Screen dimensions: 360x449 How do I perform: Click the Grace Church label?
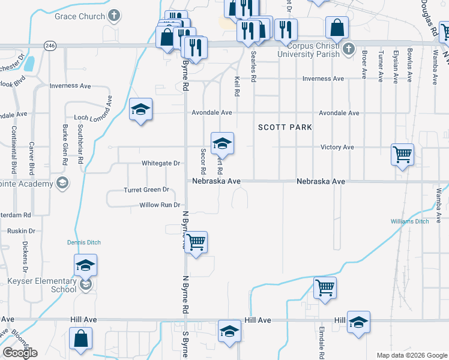79,16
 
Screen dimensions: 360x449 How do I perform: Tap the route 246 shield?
50,45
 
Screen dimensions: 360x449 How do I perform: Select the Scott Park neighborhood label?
285,127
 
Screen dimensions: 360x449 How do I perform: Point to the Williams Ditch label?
409,221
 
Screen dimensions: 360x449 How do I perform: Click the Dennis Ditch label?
83,242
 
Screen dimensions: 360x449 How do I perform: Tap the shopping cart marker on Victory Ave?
402,154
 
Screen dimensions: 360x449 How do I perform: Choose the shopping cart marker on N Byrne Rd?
196,242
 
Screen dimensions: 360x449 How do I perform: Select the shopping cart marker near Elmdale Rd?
325,287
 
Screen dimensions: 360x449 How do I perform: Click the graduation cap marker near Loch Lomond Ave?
140,109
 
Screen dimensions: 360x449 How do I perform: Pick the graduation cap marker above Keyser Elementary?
85,265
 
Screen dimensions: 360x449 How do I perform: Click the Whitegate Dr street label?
160,163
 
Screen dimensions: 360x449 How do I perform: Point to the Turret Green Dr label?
146,190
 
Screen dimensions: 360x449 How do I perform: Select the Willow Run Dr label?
160,205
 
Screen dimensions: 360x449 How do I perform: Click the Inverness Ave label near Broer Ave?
323,79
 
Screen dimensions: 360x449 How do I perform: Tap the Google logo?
20,353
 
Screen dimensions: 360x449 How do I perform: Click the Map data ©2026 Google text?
411,355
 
